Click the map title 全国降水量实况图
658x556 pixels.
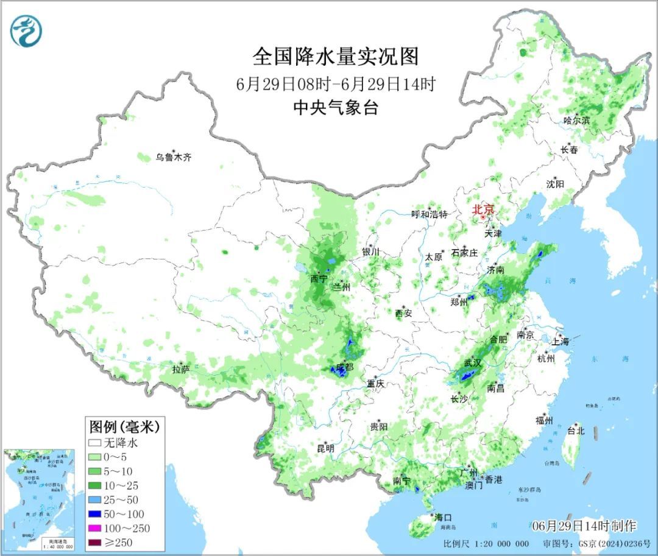point(336,57)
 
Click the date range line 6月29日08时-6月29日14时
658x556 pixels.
point(336,84)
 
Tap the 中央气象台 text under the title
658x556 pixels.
point(336,108)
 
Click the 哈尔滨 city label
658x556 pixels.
point(576,121)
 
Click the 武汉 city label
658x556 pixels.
point(473,362)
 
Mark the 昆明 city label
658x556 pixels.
point(325,448)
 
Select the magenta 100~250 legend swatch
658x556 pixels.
point(94,528)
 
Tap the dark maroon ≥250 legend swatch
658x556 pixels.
point(94,542)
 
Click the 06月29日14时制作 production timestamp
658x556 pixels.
point(584,525)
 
